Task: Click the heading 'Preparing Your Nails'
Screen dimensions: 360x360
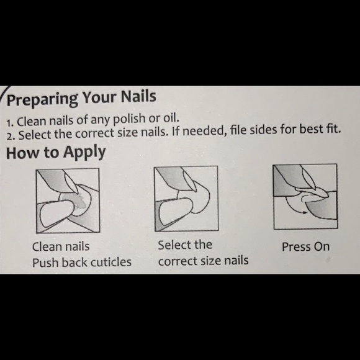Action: point(81,99)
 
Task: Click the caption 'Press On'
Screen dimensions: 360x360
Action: point(305,247)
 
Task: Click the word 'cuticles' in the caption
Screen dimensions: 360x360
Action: point(110,262)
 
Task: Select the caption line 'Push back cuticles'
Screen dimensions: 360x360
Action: point(82,262)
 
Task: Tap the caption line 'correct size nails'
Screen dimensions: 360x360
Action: point(203,261)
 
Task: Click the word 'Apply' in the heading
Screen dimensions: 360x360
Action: point(84,153)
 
